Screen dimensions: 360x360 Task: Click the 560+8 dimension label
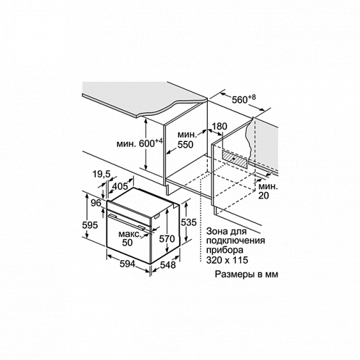244,99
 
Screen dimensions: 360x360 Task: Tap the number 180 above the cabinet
219,127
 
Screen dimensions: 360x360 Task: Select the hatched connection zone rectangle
235,159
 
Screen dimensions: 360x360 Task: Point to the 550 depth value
185,145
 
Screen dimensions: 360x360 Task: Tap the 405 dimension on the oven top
120,186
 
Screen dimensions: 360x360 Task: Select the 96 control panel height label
96,203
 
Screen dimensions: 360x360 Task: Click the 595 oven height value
90,225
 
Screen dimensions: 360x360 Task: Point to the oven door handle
127,221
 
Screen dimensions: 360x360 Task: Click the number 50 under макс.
127,243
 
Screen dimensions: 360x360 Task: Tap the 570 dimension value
167,239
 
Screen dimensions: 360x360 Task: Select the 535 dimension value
189,223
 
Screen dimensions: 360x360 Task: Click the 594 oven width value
127,264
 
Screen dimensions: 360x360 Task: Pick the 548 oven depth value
168,265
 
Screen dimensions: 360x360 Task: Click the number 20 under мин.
263,196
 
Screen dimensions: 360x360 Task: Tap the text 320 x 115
227,260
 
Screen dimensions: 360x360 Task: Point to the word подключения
235,241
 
